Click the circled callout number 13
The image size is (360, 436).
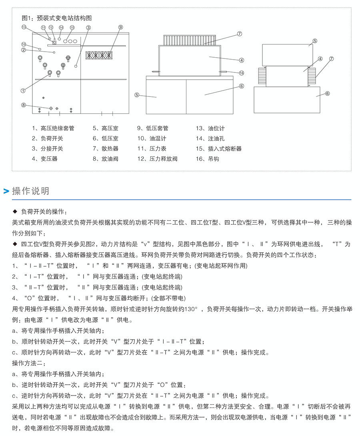tap(24, 27)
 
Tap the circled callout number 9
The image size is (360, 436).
tap(120, 27)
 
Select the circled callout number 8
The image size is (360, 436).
tap(24, 105)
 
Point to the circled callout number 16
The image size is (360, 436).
tap(241, 73)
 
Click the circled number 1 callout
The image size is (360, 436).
tap(24, 90)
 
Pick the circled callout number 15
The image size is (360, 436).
tap(72, 28)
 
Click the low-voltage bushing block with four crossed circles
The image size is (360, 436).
tap(99, 55)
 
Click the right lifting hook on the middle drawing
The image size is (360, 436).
tap(223, 72)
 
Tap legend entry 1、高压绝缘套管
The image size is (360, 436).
tap(53, 129)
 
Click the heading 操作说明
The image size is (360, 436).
tap(31, 191)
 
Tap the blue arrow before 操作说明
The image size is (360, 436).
tap(6, 191)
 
